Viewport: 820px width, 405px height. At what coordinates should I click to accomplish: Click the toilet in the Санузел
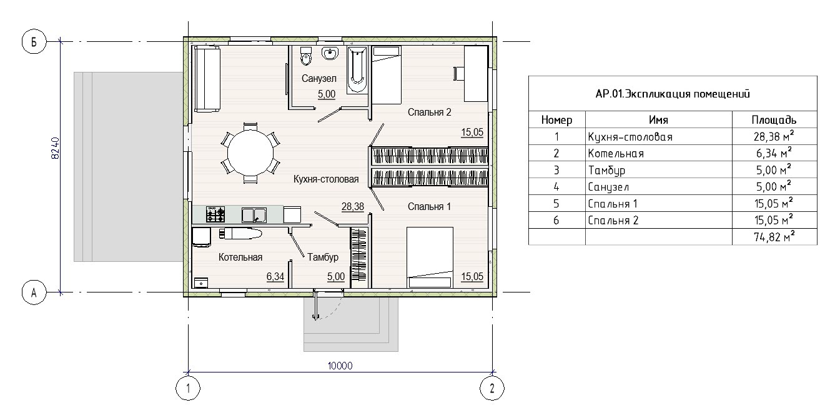pyautogui.click(x=305, y=56)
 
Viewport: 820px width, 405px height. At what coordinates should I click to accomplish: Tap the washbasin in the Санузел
pyautogui.click(x=330, y=53)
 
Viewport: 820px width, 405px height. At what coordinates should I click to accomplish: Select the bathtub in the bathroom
pyautogui.click(x=357, y=69)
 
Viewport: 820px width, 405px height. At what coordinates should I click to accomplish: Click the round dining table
pyautogui.click(x=250, y=153)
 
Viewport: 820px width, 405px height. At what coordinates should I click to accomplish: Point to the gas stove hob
pyautogui.click(x=215, y=214)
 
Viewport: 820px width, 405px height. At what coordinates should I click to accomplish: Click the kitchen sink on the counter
pyautogui.click(x=254, y=215)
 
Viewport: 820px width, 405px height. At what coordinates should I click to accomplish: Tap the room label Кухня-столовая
pyautogui.click(x=326, y=179)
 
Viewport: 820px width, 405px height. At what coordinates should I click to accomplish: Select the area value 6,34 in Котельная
pyautogui.click(x=275, y=276)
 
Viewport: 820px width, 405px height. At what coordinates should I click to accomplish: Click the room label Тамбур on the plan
pyautogui.click(x=322, y=257)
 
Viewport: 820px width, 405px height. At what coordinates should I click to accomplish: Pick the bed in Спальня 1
pyautogui.click(x=430, y=257)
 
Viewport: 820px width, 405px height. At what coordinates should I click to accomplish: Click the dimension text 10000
pyautogui.click(x=340, y=366)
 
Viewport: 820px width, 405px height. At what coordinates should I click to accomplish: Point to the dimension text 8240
pyautogui.click(x=55, y=148)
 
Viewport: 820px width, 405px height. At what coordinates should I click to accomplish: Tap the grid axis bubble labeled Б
pyautogui.click(x=34, y=42)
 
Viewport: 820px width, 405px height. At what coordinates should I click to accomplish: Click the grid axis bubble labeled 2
pyautogui.click(x=492, y=388)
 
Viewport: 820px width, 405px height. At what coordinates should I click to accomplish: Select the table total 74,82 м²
pyautogui.click(x=774, y=237)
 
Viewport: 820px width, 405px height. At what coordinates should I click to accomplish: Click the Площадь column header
pyautogui.click(x=774, y=120)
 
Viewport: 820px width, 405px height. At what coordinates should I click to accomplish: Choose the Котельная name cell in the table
pyautogui.click(x=616, y=153)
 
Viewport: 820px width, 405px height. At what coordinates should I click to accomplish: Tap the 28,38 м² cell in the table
pyautogui.click(x=774, y=136)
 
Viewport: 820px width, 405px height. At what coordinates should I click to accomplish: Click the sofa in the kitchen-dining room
pyautogui.click(x=207, y=79)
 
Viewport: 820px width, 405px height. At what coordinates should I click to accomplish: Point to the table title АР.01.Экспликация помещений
pyautogui.click(x=673, y=94)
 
